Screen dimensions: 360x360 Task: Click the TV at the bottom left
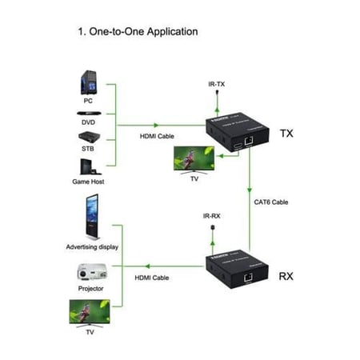(x=89, y=312)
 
